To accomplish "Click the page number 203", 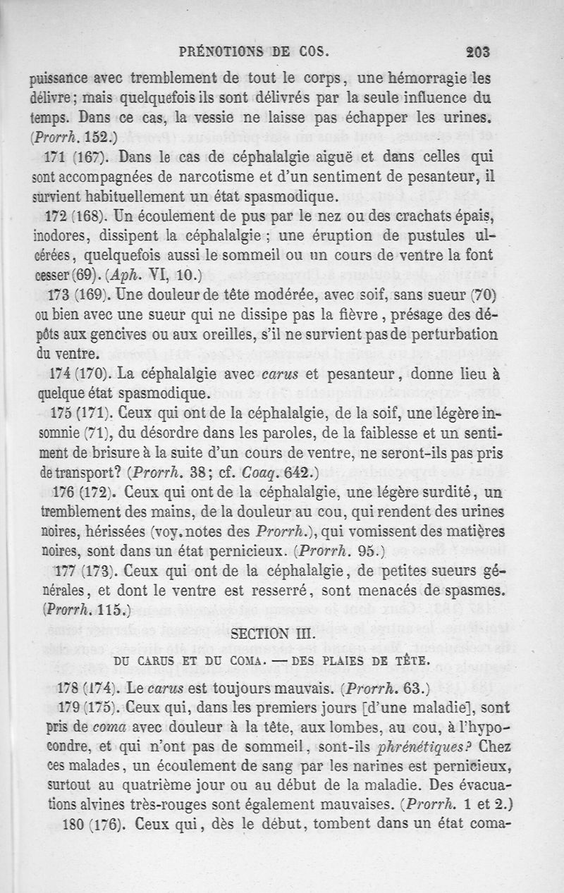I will (477, 51).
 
